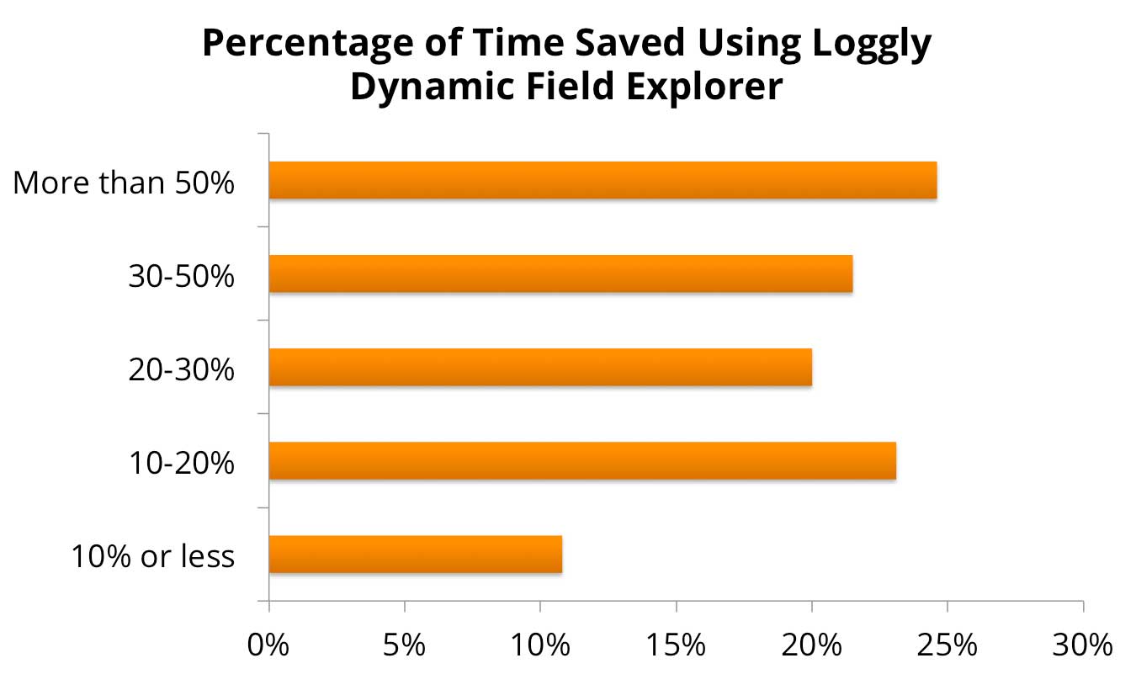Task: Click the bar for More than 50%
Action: coord(603,180)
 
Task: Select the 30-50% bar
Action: coord(560,273)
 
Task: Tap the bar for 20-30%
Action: coord(540,367)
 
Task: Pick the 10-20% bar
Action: coord(582,460)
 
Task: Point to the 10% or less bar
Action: coord(415,554)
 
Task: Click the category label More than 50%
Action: coord(123,183)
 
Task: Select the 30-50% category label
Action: coord(181,276)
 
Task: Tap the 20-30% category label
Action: coord(181,369)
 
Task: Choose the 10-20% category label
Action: coord(181,463)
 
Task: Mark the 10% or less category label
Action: coord(152,556)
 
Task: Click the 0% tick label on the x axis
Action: coord(269,645)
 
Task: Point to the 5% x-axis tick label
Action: coord(405,645)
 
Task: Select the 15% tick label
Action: coord(677,645)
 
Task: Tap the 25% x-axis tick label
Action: coord(948,645)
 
